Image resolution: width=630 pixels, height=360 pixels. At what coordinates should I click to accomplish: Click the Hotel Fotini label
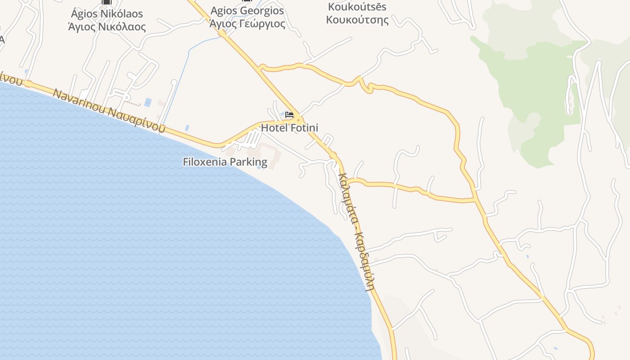click(289, 128)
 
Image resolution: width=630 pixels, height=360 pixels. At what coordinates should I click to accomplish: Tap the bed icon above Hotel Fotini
click(289, 115)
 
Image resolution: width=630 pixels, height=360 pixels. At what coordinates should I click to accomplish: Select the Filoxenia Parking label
click(225, 162)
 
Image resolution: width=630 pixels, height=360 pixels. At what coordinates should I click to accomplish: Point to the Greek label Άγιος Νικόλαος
click(107, 27)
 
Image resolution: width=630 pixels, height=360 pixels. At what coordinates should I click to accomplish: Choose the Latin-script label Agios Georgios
click(247, 10)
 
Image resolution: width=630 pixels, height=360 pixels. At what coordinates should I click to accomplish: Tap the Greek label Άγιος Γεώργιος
click(247, 23)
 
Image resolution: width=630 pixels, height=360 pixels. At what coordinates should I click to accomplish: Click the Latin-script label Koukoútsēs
click(357, 7)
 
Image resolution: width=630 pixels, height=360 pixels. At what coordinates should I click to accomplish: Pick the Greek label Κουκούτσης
click(357, 20)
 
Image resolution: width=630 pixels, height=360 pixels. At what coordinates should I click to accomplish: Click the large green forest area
click(535, 81)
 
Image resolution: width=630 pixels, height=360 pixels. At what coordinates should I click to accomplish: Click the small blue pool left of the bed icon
click(282, 113)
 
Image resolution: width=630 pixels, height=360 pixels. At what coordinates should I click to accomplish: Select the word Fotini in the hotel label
click(304, 128)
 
